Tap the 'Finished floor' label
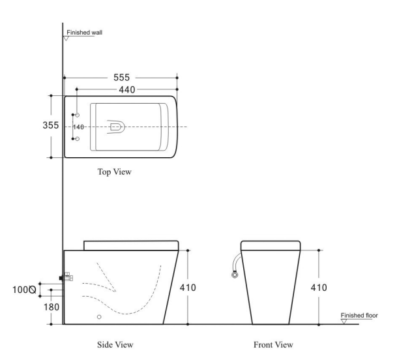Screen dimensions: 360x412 point(359,315)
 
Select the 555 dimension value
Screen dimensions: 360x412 point(121,77)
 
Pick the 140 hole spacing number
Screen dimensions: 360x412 point(78,127)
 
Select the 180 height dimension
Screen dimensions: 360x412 point(51,307)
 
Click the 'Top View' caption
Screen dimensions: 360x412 point(114,172)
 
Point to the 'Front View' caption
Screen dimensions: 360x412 point(273,344)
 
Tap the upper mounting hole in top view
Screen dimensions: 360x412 point(77,115)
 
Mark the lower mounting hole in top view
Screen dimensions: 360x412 point(77,139)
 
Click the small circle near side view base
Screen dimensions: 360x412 point(99,316)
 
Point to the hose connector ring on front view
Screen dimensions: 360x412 point(235,275)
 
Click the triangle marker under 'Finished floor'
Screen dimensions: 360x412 point(344,322)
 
